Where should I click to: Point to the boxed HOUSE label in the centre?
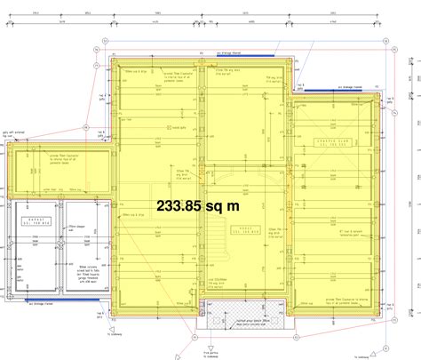pos(243,229)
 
